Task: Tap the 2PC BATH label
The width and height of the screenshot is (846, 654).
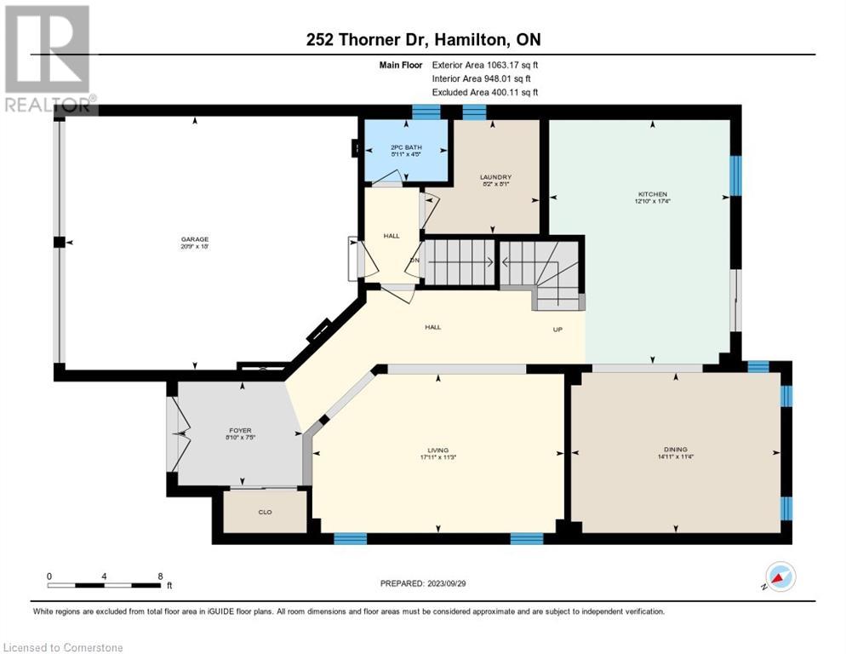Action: click(x=406, y=147)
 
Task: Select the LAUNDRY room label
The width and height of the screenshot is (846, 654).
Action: click(x=495, y=176)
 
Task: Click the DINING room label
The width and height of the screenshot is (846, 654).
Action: click(x=676, y=449)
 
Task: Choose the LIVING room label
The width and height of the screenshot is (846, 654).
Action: click(x=438, y=450)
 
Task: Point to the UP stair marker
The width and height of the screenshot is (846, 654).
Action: click(x=558, y=328)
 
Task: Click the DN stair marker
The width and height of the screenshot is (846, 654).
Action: click(x=414, y=261)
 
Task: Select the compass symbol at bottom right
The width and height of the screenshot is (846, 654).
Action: click(x=780, y=577)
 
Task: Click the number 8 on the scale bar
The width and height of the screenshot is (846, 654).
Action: click(x=160, y=576)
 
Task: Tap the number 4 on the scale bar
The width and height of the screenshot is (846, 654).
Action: click(x=104, y=576)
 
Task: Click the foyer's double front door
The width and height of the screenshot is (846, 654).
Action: click(x=178, y=434)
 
